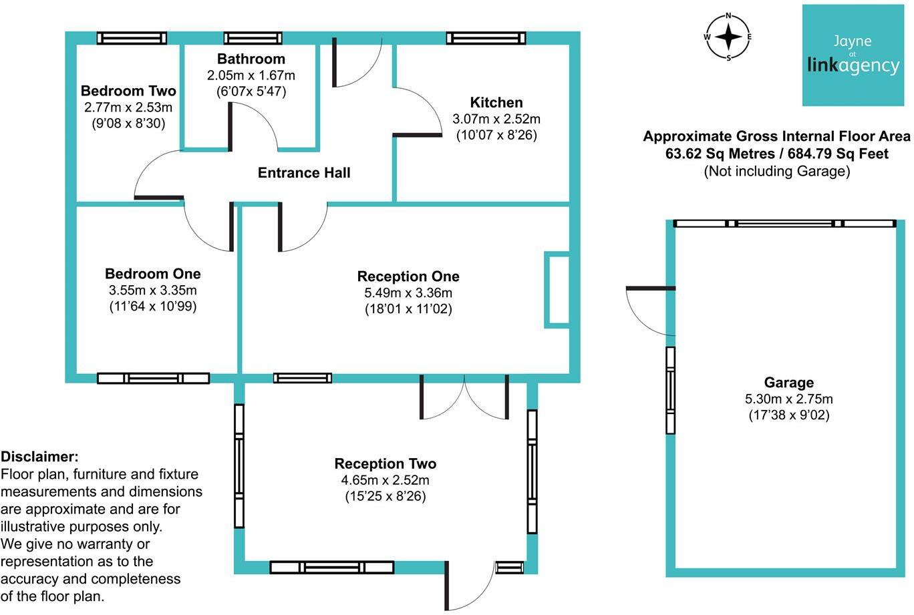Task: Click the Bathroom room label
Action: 251,59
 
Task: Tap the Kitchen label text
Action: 496,102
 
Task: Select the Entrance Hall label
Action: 304,172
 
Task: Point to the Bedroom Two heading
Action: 128,91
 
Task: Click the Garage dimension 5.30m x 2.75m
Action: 789,399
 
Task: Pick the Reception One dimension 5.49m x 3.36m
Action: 408,292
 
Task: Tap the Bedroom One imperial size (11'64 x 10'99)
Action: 153,306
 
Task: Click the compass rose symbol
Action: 728,37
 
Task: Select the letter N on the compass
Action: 728,16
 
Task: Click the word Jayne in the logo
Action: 853,41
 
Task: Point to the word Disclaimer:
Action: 39,456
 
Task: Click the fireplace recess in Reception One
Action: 557,290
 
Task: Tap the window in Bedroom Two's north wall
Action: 132,38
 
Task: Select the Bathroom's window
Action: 253,38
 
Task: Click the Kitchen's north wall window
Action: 486,38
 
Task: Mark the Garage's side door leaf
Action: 650,288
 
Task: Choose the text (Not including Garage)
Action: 777,171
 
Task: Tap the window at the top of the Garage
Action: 784,224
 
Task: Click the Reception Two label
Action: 386,463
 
